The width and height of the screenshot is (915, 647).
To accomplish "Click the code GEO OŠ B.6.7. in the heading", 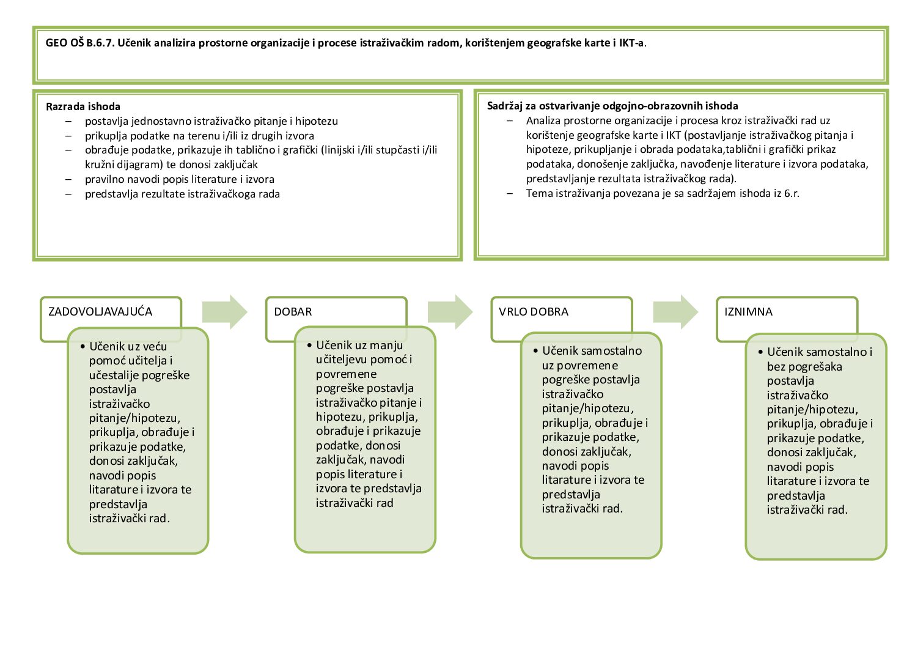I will [80, 43].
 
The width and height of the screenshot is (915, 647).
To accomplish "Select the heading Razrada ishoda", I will [83, 106].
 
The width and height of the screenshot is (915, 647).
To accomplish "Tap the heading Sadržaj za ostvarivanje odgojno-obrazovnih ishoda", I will [612, 106].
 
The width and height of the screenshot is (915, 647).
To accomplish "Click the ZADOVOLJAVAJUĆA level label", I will [100, 312].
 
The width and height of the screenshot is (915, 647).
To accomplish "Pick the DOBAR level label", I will [293, 312].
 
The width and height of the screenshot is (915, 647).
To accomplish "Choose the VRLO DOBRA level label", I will [534, 312].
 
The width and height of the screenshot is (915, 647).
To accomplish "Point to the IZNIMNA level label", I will [748, 312].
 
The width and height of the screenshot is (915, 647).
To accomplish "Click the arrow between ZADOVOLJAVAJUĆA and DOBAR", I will [224, 312].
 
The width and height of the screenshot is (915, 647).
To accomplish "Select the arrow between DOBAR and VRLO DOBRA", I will [450, 312].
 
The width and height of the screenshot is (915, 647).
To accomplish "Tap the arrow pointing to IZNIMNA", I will [675, 312].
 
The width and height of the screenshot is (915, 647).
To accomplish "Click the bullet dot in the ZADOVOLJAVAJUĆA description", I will [83, 347].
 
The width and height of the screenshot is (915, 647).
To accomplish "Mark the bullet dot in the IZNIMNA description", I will [760, 352].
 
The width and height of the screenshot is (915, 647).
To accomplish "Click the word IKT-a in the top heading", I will [632, 43].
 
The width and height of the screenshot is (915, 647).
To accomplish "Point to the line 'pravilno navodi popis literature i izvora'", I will [179, 179].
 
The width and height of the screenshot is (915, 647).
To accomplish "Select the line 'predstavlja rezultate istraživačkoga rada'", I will [182, 194].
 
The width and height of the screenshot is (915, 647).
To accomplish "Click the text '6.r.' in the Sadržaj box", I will [792, 193].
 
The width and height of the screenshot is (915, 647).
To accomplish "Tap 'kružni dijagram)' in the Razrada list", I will [121, 165].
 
